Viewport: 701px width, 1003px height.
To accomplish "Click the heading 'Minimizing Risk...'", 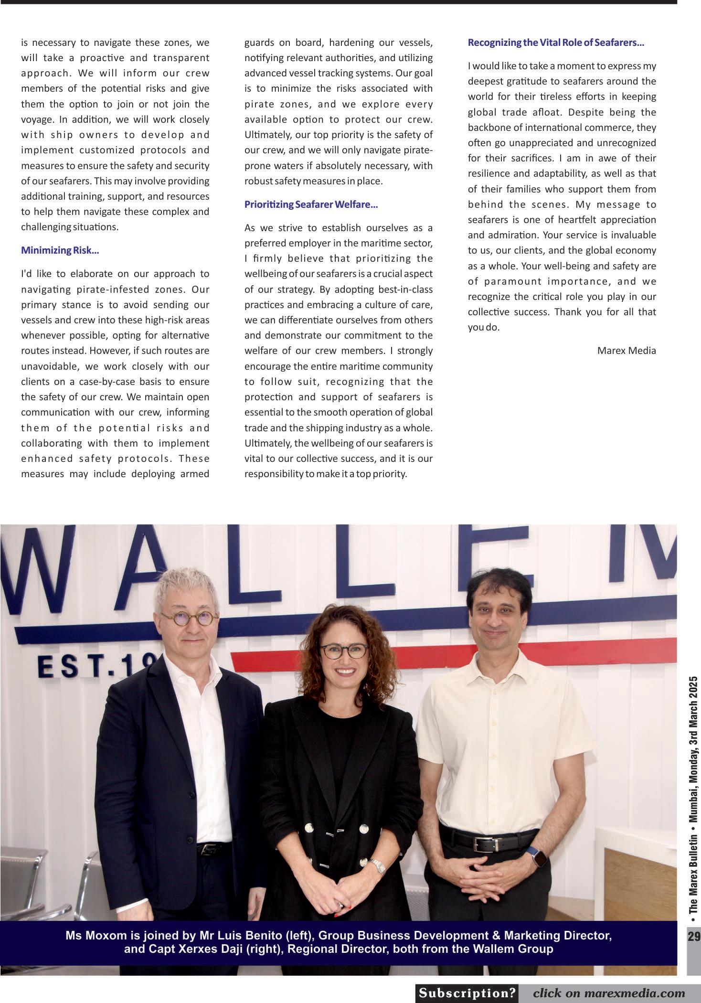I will coord(60,250).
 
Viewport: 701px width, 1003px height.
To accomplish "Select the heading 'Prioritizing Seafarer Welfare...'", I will coord(311,204).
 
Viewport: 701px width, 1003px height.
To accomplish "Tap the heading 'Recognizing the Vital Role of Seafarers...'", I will coord(556,43).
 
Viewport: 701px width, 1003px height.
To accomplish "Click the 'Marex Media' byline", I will coord(627,351).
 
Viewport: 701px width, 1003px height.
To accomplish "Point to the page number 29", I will coord(693,936).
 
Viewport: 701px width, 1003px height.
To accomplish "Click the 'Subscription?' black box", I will coord(467,993).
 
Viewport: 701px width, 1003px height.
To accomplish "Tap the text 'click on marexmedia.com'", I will coord(609,993).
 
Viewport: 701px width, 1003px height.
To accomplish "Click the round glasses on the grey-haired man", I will coord(190,619).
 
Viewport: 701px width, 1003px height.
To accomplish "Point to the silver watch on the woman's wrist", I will coord(377,866).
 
